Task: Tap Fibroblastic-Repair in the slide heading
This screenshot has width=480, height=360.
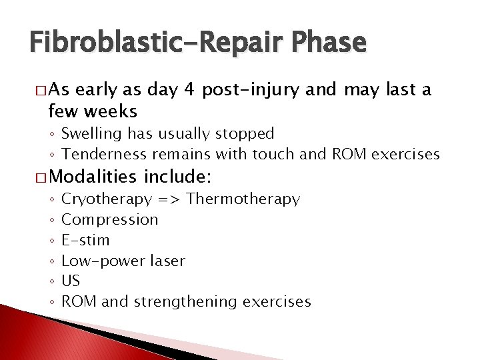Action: (147, 43)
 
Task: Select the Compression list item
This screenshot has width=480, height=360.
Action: (109, 219)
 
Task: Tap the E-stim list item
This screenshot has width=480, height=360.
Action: (85, 240)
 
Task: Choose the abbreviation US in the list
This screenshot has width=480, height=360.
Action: (70, 281)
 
